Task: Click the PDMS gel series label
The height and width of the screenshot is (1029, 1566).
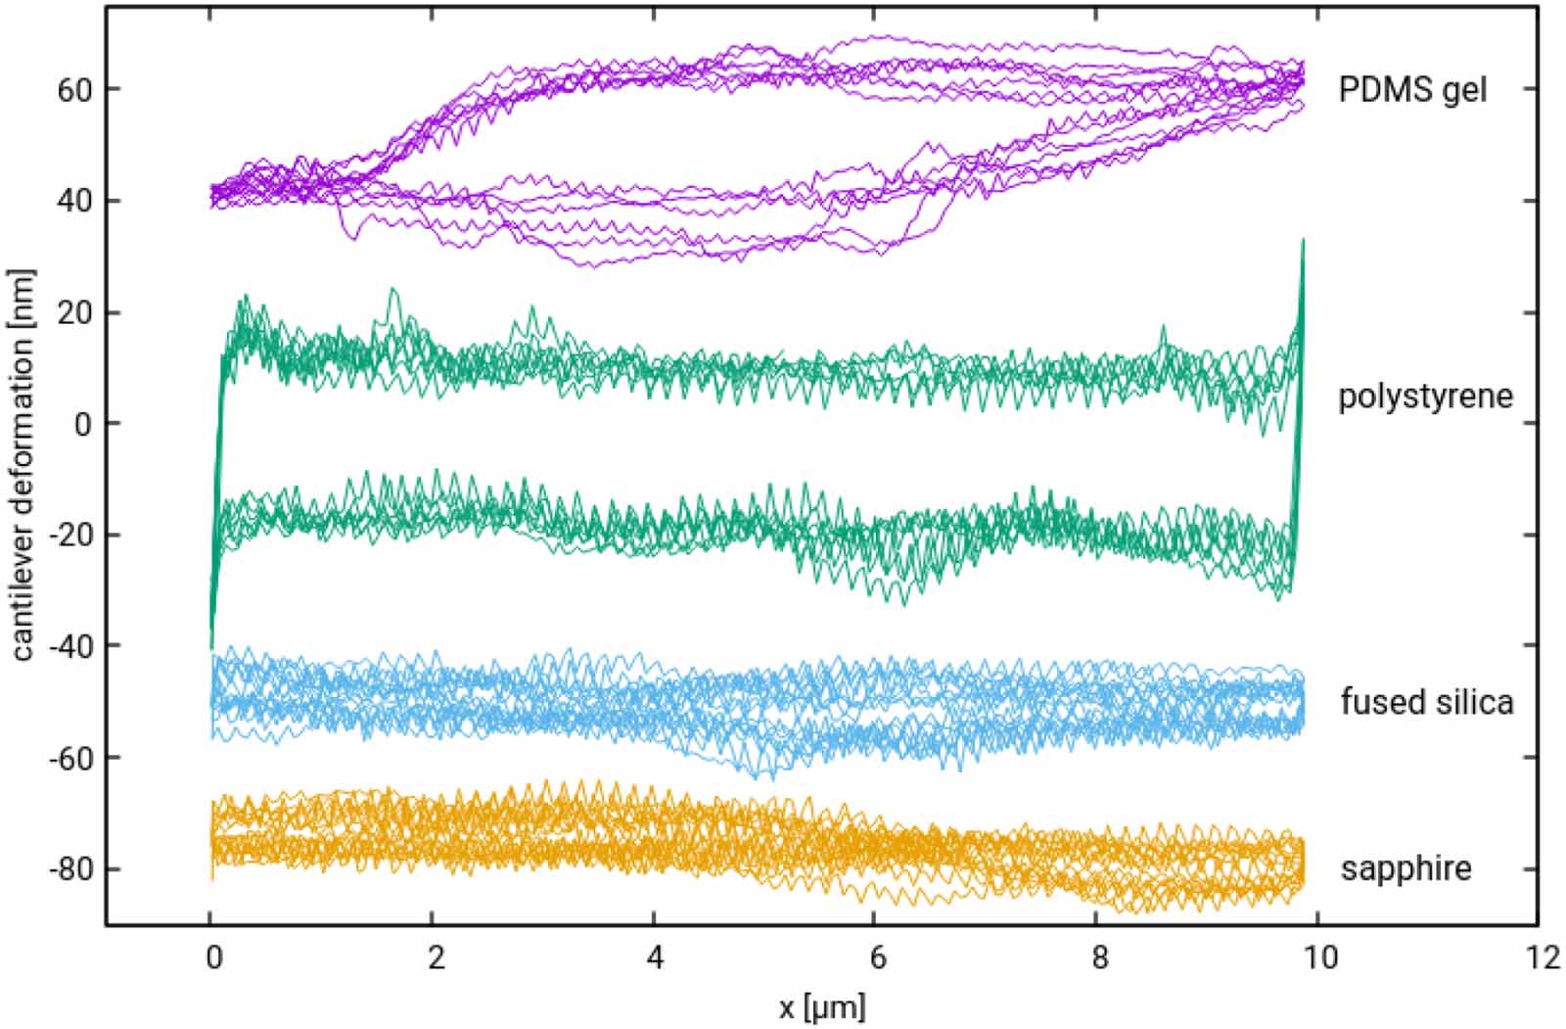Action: (x=1412, y=90)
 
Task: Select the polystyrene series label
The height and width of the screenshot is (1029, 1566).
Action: (x=1425, y=397)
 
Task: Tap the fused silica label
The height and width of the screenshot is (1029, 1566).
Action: (x=1426, y=702)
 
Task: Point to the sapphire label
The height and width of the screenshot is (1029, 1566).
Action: (x=1405, y=868)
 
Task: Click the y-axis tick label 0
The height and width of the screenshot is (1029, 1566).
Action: (x=84, y=424)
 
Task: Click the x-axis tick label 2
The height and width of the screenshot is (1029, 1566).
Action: (x=434, y=958)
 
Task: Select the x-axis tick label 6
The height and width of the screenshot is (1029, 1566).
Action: (x=877, y=958)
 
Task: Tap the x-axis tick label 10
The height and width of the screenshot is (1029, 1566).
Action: (x=1319, y=958)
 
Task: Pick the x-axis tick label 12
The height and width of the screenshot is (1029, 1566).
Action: (x=1541, y=958)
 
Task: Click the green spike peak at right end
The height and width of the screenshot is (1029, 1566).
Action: (x=1303, y=240)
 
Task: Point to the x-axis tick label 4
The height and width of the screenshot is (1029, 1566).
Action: (x=655, y=958)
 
